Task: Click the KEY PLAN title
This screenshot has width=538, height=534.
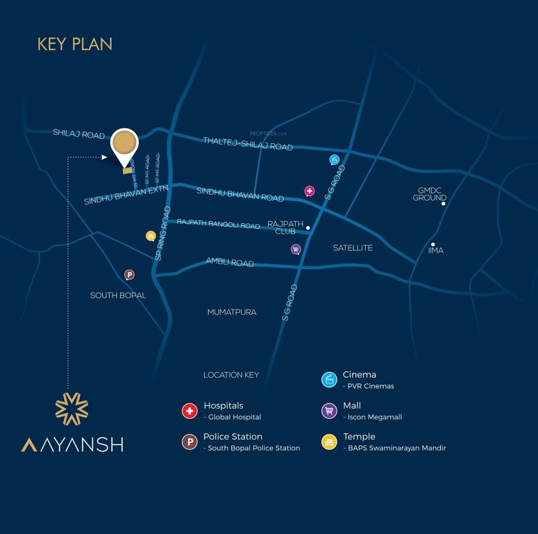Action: pyautogui.click(x=75, y=44)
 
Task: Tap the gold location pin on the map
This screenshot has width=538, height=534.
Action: pyautogui.click(x=125, y=145)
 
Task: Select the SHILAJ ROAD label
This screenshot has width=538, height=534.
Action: pyautogui.click(x=78, y=133)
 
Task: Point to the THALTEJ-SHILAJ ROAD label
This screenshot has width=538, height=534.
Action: pyautogui.click(x=248, y=144)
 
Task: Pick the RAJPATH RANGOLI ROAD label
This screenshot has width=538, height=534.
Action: pyautogui.click(x=218, y=224)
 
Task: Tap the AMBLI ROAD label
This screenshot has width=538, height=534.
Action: pyautogui.click(x=230, y=263)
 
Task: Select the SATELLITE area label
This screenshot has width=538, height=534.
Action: pyautogui.click(x=353, y=248)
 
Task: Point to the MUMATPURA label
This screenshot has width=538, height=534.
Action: pyautogui.click(x=232, y=312)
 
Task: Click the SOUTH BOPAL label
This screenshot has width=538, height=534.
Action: pyautogui.click(x=118, y=296)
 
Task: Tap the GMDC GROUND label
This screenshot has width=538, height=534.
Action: pyautogui.click(x=430, y=194)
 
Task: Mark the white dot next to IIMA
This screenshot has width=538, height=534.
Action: pyautogui.click(x=432, y=244)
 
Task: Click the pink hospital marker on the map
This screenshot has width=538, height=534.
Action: pyautogui.click(x=310, y=191)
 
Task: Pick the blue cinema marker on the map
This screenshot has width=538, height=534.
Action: pyautogui.click(x=335, y=160)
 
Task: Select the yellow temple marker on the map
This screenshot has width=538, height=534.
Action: pyautogui.click(x=151, y=236)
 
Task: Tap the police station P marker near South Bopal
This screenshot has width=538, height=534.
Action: pyautogui.click(x=129, y=275)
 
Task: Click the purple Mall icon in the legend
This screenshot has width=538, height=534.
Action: pyautogui.click(x=329, y=411)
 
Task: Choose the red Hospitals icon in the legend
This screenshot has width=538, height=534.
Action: pyautogui.click(x=190, y=411)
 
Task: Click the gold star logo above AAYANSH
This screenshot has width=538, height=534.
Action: pyautogui.click(x=72, y=408)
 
